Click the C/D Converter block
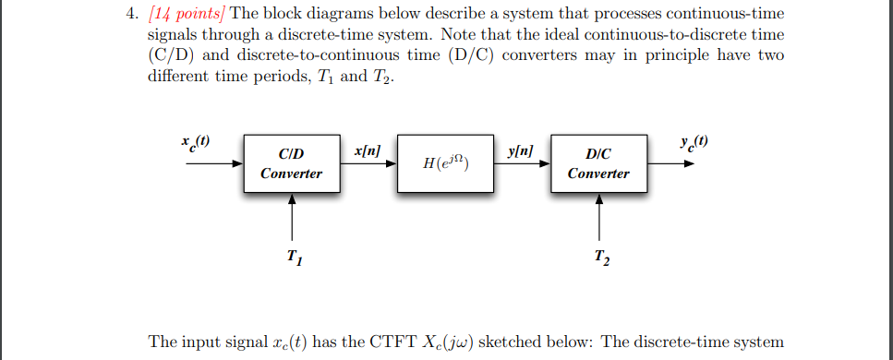291,162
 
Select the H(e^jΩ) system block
445,162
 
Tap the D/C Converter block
598,162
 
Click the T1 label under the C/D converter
293,256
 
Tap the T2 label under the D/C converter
601,256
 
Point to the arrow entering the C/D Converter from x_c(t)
213,163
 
